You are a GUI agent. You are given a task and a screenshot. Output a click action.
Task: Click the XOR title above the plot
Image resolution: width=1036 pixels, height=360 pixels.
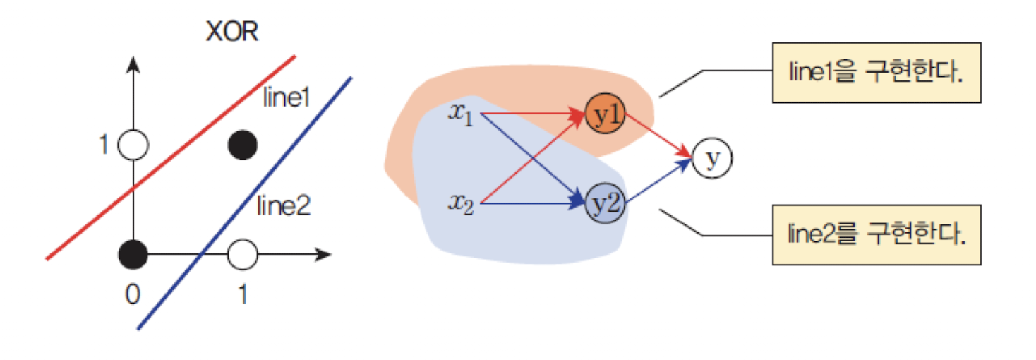(x=232, y=32)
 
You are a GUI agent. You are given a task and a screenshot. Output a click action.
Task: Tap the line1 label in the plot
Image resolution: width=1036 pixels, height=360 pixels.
(x=286, y=99)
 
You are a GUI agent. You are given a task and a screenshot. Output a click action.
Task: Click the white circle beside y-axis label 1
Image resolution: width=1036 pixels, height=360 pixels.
(x=133, y=146)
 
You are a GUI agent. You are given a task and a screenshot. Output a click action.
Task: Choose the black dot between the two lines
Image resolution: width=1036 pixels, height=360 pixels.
(x=243, y=145)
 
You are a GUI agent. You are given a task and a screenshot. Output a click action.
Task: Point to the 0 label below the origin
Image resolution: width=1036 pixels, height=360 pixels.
(x=133, y=295)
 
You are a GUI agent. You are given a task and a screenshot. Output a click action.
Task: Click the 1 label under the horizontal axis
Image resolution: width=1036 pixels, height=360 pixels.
(x=243, y=295)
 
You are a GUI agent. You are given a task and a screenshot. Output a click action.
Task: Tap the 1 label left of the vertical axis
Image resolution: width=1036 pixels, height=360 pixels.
(x=104, y=147)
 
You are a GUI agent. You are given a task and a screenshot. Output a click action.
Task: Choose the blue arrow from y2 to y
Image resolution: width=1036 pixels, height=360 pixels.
(x=660, y=184)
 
